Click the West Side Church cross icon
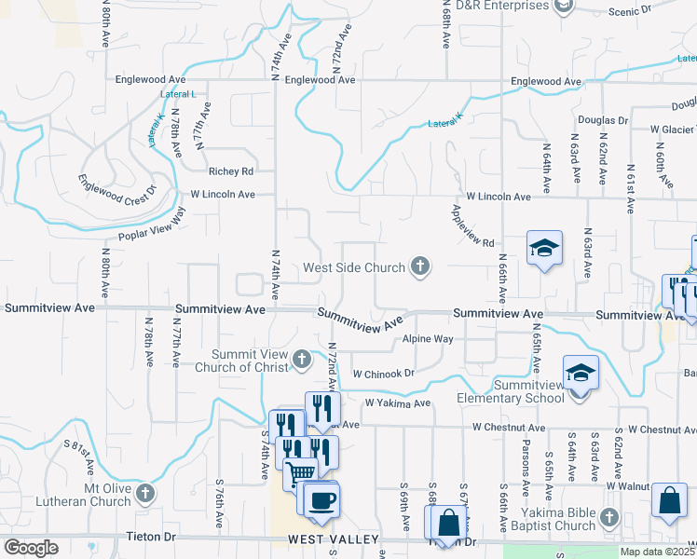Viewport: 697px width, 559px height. pos(420,267)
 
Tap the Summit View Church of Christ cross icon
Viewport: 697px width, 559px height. pos(301,359)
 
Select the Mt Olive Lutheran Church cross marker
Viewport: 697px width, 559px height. pos(144,492)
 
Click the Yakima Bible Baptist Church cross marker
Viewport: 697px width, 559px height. pos(609,516)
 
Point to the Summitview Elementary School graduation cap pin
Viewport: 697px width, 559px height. pos(581,375)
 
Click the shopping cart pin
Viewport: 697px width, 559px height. pos(300,472)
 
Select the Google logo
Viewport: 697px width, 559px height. pos(31,548)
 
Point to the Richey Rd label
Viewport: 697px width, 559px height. pos(231,171)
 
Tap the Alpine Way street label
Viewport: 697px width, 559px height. pos(428,339)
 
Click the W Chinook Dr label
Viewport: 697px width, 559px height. pos(382,373)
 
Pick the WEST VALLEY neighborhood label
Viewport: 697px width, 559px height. pos(333,539)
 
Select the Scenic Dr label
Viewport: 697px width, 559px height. pos(630,11)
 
